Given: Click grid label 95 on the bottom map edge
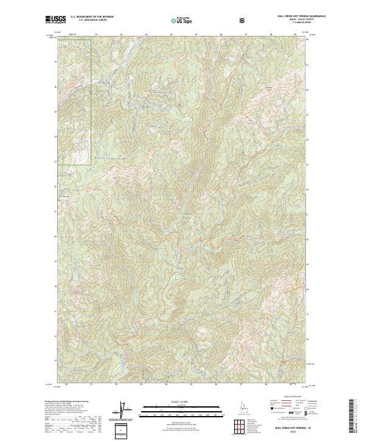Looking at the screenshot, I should tap(192, 384).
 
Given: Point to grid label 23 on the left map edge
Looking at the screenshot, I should tap(55, 161).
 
